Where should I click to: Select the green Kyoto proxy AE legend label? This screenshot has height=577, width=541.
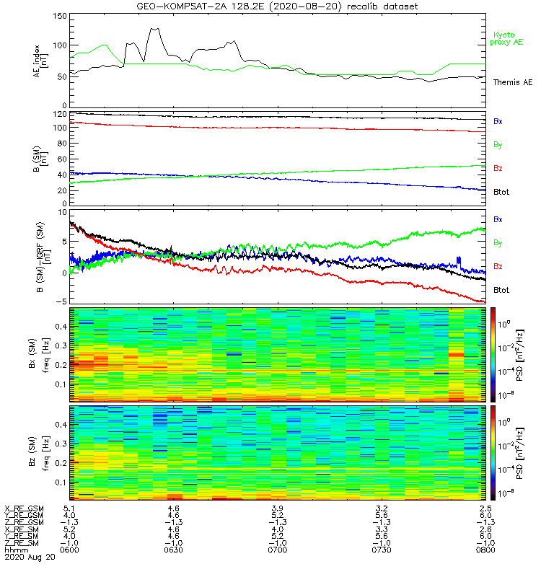coord(508,38)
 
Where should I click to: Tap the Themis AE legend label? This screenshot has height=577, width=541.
coord(512,82)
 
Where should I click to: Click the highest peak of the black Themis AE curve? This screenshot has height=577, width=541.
coord(154,29)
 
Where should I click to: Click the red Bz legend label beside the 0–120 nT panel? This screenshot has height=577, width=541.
coord(498,168)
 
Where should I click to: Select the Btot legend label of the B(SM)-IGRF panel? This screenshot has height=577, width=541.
coord(501,290)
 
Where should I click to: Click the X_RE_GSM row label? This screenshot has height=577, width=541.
coord(24,508)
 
